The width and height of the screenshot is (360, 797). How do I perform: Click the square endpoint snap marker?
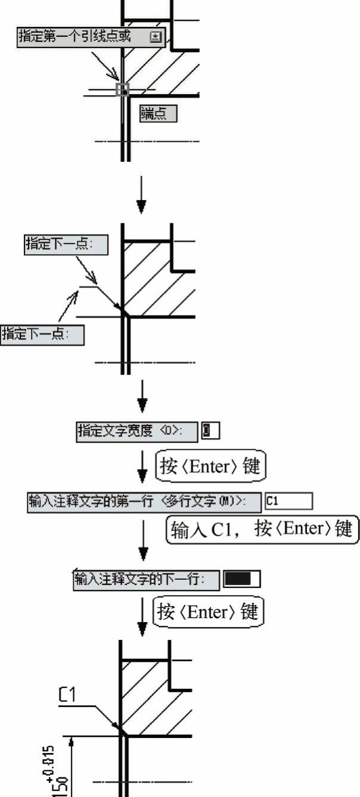tap(122, 90)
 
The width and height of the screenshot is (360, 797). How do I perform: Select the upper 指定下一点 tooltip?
tap(66, 245)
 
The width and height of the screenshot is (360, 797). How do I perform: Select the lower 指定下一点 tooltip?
tap(42, 335)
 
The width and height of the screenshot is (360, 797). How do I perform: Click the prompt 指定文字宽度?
tap(137, 432)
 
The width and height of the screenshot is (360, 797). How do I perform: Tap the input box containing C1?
tap(289, 501)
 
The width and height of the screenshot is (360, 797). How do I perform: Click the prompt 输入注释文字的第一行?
tap(145, 501)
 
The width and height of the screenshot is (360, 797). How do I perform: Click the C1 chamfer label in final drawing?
tap(67, 695)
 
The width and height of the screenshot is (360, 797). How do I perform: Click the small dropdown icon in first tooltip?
tap(156, 37)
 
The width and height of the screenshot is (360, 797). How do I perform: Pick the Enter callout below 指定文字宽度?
tap(210, 465)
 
